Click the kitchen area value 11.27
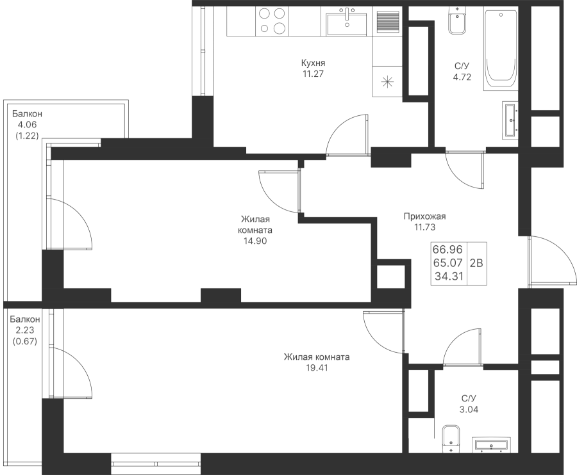(x=313, y=74)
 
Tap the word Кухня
(x=313, y=63)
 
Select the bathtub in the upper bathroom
(x=501, y=51)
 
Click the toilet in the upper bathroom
(x=457, y=21)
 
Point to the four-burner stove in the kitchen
(x=272, y=21)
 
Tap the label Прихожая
(x=424, y=216)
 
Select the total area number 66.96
(x=447, y=250)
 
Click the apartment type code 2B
(x=476, y=263)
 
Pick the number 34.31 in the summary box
(x=449, y=276)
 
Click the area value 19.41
(x=317, y=367)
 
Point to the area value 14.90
(x=255, y=241)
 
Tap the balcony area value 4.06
(x=27, y=125)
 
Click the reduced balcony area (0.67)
(x=25, y=341)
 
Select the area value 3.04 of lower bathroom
(x=469, y=410)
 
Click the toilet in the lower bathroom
(x=451, y=439)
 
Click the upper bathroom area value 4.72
(x=462, y=77)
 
